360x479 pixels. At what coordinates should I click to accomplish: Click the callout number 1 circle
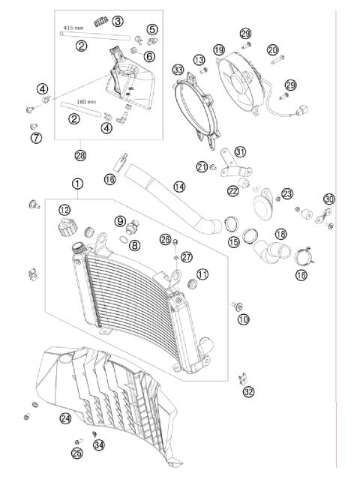click(78, 183)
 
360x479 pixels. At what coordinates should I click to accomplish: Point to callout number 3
click(118, 21)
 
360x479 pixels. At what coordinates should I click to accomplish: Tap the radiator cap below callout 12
click(64, 226)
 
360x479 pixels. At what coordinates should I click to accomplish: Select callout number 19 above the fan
click(219, 49)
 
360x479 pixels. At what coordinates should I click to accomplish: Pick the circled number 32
click(248, 391)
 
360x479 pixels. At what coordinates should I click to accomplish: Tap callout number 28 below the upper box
click(80, 155)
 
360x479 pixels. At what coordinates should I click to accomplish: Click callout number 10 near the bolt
click(242, 319)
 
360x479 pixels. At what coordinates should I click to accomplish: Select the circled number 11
click(202, 274)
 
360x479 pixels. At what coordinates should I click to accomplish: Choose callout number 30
click(329, 199)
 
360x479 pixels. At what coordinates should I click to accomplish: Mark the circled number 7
click(35, 138)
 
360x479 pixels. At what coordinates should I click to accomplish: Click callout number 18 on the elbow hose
click(280, 234)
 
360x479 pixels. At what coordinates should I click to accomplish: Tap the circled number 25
click(76, 453)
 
